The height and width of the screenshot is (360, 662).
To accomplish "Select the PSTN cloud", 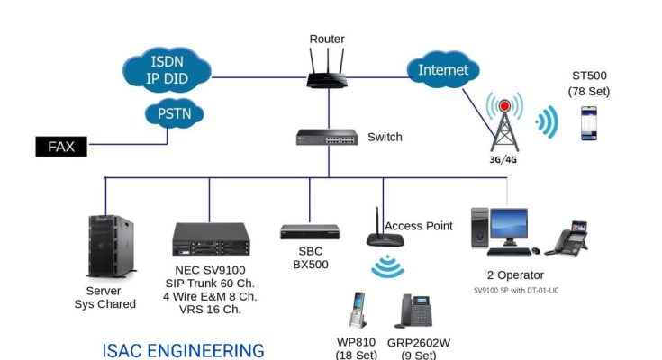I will click(x=174, y=114).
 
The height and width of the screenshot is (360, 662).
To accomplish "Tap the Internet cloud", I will click(x=444, y=69).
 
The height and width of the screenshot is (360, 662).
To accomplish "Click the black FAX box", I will click(x=61, y=145).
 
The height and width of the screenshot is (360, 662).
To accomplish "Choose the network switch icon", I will click(x=327, y=138).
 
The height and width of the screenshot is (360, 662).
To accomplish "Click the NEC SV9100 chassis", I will click(x=211, y=239).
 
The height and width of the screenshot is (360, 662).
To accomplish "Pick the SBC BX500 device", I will click(x=310, y=232).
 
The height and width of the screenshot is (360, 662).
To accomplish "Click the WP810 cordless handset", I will click(x=358, y=311).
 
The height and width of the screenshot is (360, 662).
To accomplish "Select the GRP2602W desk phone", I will click(x=413, y=311).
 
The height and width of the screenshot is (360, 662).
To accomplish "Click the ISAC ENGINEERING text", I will click(x=183, y=349).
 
